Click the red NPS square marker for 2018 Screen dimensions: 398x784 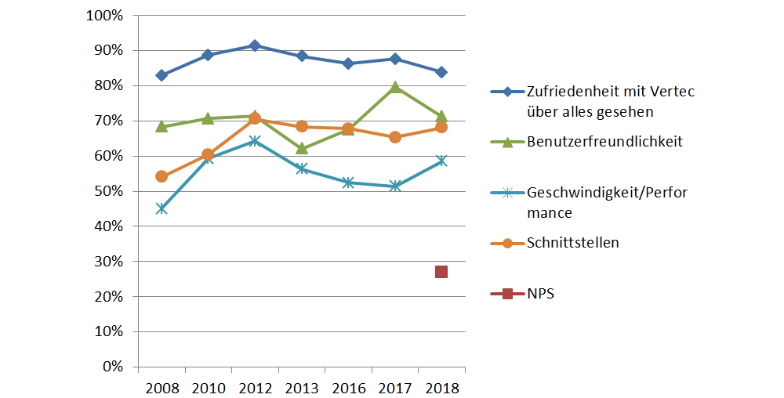click(441, 272)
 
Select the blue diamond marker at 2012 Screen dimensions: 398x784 click(255, 45)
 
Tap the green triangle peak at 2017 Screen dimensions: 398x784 click(395, 87)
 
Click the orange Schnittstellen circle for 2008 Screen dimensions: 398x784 click(162, 176)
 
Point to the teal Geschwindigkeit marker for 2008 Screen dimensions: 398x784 click(162, 208)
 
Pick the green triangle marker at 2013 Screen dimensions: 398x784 click(302, 148)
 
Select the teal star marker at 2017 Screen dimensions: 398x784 click(395, 186)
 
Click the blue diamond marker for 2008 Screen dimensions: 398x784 click(162, 75)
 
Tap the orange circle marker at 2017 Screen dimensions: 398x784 click(395, 137)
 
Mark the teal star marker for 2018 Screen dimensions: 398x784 click(441, 161)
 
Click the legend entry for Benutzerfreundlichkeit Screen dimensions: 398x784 click(604, 142)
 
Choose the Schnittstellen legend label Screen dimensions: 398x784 click(573, 243)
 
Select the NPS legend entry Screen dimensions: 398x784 click(541, 294)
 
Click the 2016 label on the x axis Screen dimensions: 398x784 click(348, 388)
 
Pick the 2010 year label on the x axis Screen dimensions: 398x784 click(208, 388)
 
